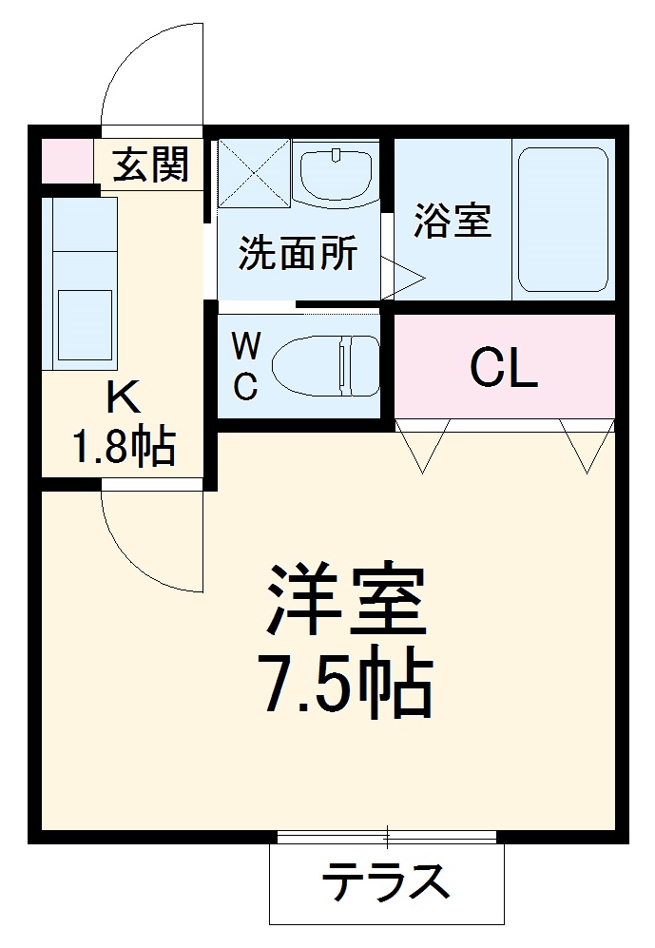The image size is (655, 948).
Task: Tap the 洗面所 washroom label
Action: [297, 253]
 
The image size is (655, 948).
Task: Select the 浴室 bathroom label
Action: [452, 221]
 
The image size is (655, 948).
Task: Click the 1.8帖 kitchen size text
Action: [124, 445]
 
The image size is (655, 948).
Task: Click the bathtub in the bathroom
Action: [563, 220]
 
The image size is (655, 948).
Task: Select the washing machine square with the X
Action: [253, 172]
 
